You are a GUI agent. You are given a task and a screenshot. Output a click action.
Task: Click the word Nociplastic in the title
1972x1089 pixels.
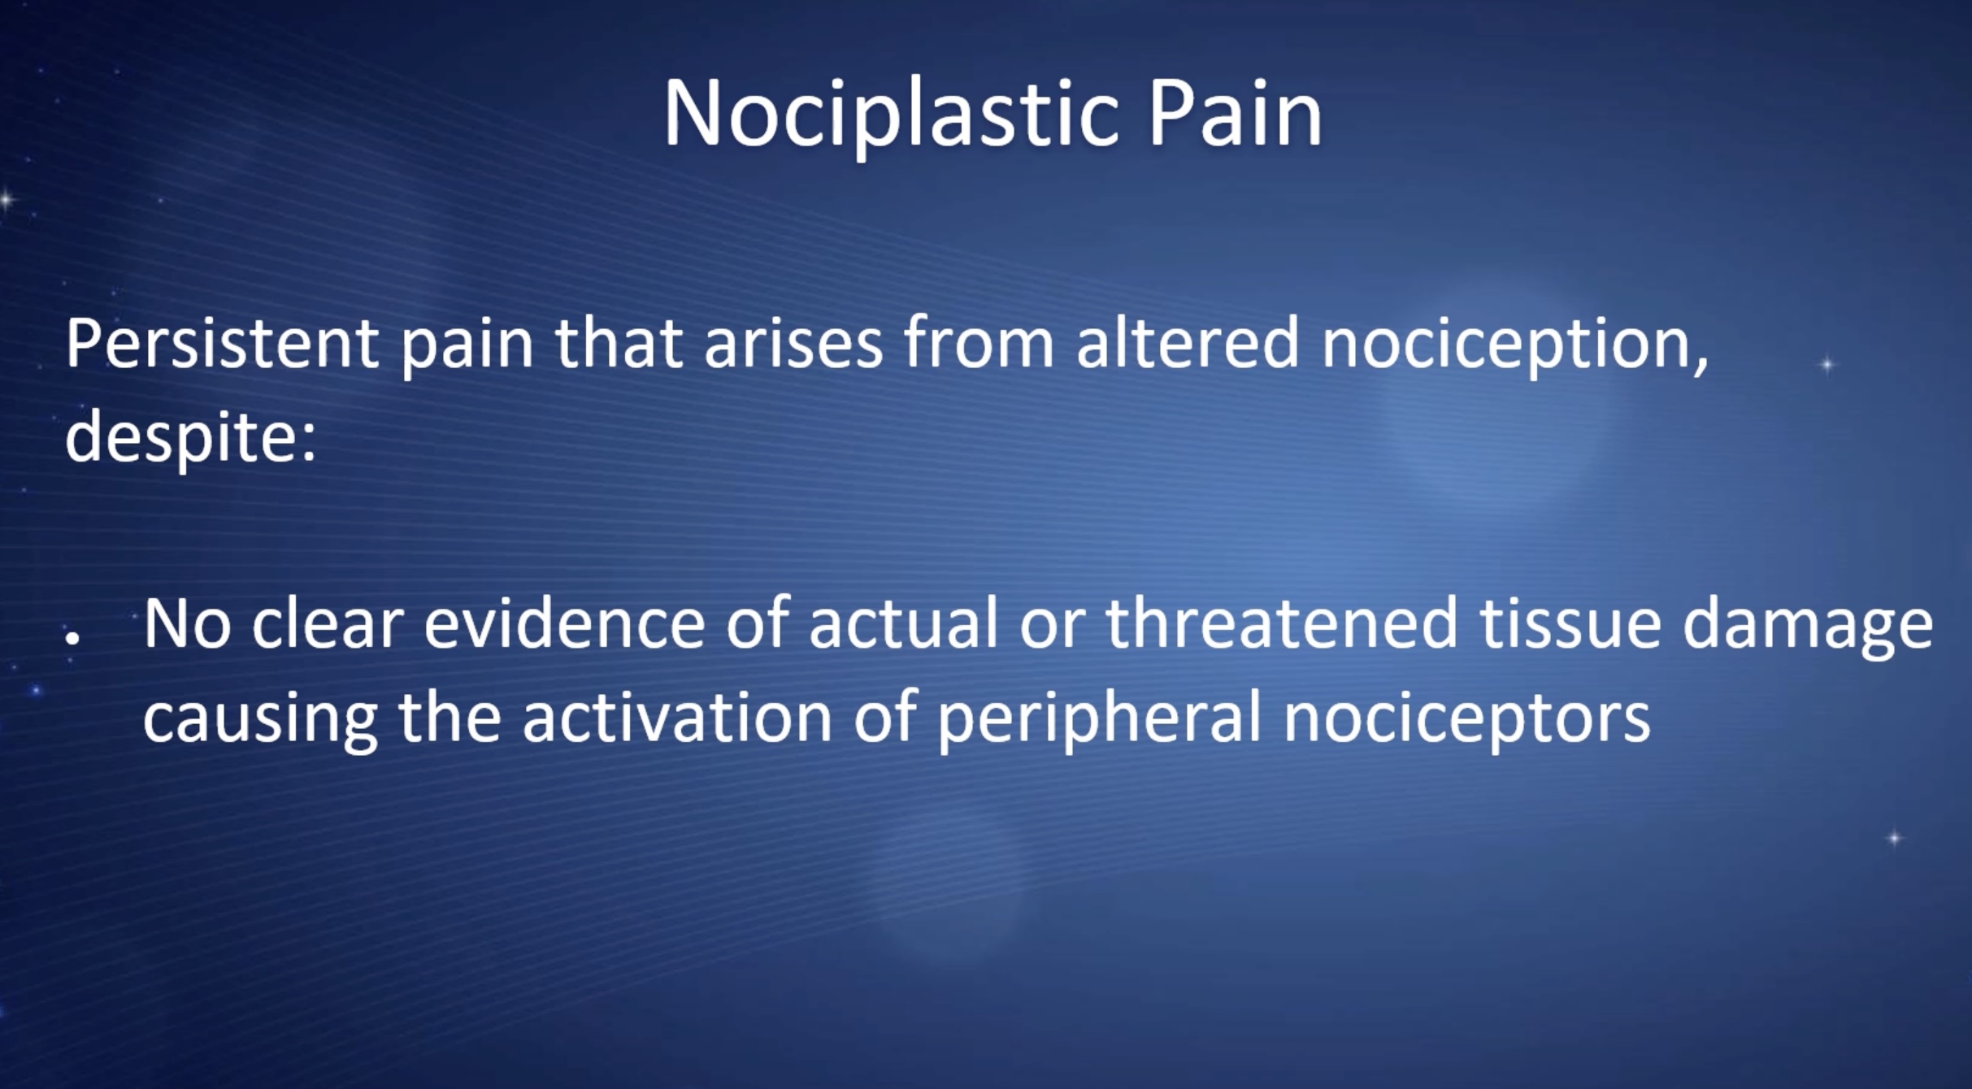click(x=891, y=115)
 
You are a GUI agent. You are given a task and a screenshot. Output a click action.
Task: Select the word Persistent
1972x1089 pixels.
click(x=221, y=343)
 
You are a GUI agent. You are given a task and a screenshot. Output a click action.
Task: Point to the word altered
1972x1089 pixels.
click(x=1188, y=343)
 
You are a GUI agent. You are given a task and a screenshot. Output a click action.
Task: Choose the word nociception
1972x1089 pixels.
click(x=1514, y=348)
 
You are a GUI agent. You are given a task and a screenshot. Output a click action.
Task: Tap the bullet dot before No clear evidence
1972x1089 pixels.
click(x=73, y=639)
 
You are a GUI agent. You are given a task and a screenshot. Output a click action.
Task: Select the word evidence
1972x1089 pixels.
click(x=564, y=623)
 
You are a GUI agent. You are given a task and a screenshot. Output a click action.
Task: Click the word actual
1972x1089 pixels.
click(x=903, y=623)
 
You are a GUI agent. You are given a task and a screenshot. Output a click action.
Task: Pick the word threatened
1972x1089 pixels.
click(x=1282, y=623)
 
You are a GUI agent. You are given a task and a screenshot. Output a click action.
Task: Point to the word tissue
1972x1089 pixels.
click(x=1570, y=624)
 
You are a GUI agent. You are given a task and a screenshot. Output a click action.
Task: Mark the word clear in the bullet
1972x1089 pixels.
click(x=328, y=623)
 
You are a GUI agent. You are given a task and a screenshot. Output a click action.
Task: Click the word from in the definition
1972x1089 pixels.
click(x=979, y=343)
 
